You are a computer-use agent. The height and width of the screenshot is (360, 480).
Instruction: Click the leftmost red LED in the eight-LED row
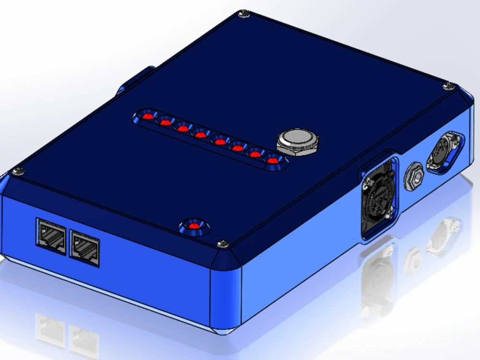(x=149, y=117)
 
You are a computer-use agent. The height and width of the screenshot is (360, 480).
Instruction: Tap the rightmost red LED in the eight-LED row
(x=273, y=160)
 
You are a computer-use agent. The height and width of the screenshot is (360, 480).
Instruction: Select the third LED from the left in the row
(x=183, y=128)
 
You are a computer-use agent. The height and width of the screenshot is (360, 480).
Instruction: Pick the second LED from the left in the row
(x=166, y=122)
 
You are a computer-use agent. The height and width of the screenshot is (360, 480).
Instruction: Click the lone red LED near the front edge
(x=194, y=226)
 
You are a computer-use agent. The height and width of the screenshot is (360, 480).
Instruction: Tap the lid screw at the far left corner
(x=19, y=171)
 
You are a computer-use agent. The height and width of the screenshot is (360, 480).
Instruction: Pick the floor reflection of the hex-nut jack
(x=412, y=259)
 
